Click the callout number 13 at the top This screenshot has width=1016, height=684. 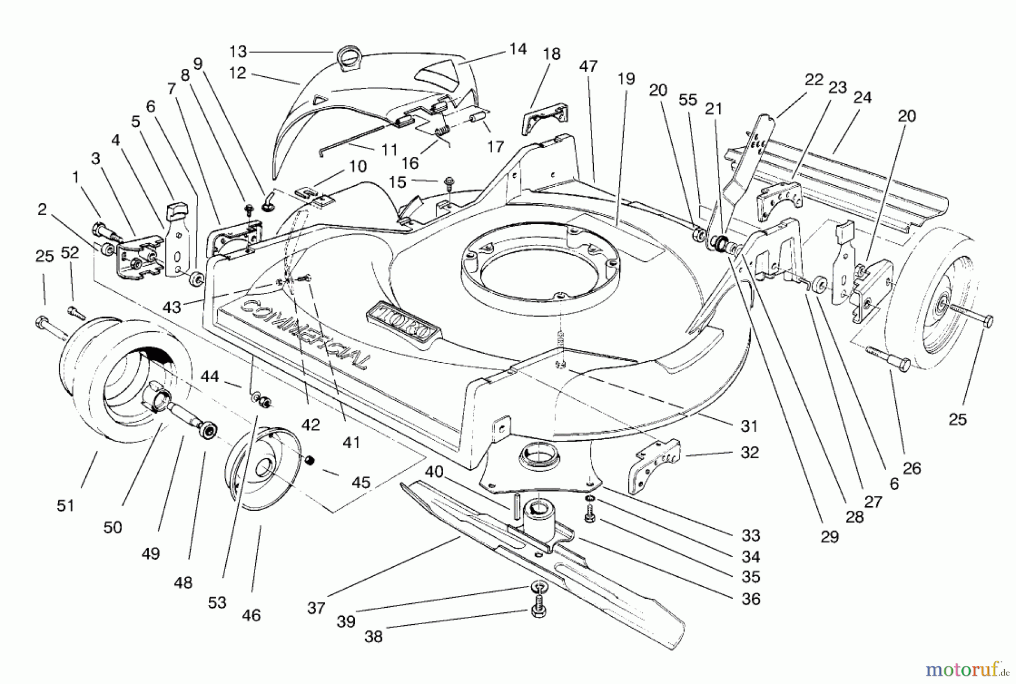tap(238, 52)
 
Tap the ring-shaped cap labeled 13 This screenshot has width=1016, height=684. tap(345, 58)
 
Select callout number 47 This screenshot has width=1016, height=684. tap(588, 66)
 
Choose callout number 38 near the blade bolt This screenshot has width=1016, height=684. tap(373, 636)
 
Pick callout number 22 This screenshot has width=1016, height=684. tap(814, 80)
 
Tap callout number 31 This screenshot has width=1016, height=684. tap(749, 426)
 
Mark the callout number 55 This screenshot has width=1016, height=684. tap(688, 100)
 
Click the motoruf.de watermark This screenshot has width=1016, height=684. tap(966, 670)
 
